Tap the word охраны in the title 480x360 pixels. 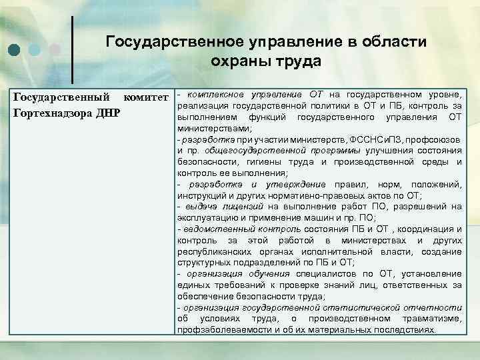(x=238, y=63)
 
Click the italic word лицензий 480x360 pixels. (x=241, y=207)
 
